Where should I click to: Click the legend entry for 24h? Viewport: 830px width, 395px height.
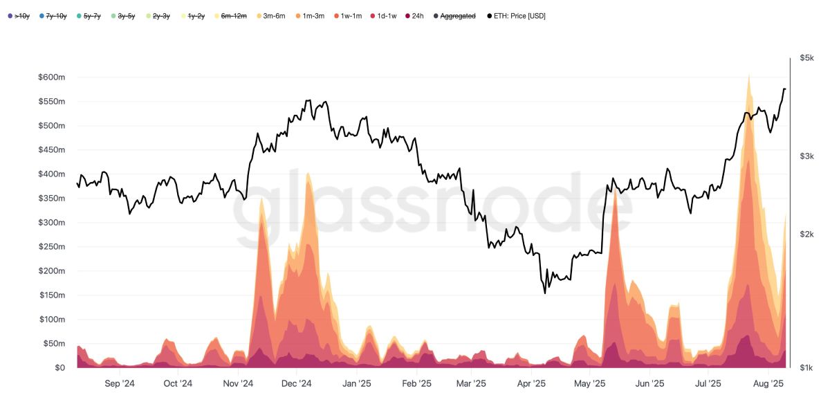point(414,15)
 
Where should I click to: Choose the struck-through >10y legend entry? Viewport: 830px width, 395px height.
point(20,15)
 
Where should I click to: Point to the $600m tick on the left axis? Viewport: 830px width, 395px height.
point(51,77)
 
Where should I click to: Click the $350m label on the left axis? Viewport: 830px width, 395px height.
point(51,199)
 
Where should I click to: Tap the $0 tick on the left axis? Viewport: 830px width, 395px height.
point(59,368)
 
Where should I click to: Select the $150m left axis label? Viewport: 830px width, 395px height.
point(51,295)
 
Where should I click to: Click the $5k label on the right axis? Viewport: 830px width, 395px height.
point(806,58)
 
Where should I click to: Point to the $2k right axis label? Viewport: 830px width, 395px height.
point(806,235)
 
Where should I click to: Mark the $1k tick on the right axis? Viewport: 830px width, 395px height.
point(806,368)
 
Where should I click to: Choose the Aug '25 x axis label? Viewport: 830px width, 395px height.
point(767,383)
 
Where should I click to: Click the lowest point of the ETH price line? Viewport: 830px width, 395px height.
point(545,293)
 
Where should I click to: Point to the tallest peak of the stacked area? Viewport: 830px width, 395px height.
point(748,75)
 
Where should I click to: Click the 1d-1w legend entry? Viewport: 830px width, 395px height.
point(382,15)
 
